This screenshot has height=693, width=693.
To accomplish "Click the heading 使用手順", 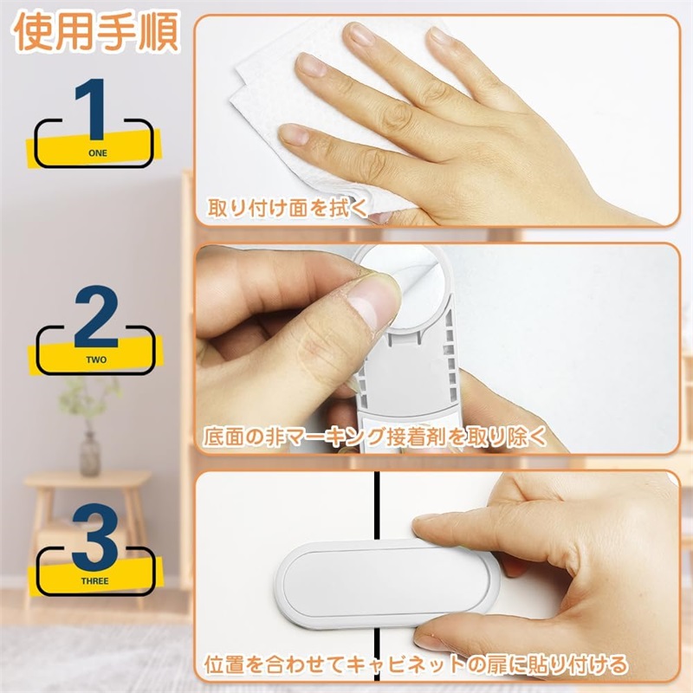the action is coord(97,32).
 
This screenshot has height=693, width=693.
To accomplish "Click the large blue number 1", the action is coord(92,108).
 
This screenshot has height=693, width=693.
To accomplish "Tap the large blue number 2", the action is coord(96,316).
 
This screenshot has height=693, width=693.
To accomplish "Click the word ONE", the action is coord(98,153).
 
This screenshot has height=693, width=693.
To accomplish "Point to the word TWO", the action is coord(96,359).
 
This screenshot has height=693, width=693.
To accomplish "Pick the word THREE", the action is coord(95,580).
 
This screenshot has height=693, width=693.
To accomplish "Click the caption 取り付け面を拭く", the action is coord(288,208).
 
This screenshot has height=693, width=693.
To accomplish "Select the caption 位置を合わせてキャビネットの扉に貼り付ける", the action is coord(416,664).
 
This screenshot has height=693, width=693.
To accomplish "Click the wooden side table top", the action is coord(87,479).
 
